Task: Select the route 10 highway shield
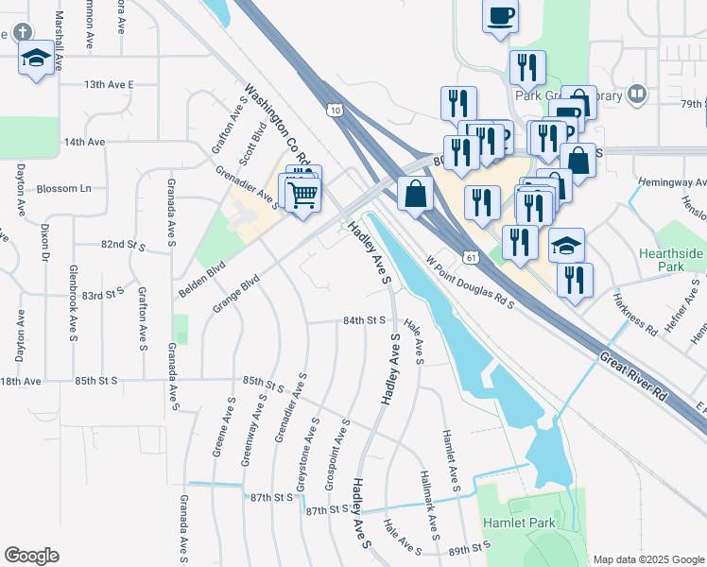(336, 112)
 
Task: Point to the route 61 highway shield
(471, 257)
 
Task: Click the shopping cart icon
(302, 196)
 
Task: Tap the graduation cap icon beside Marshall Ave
(36, 59)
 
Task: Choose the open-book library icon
(638, 94)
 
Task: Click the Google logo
(31, 556)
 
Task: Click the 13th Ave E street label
(109, 84)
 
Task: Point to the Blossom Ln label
(64, 188)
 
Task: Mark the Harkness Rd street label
(633, 314)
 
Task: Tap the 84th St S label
(365, 320)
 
